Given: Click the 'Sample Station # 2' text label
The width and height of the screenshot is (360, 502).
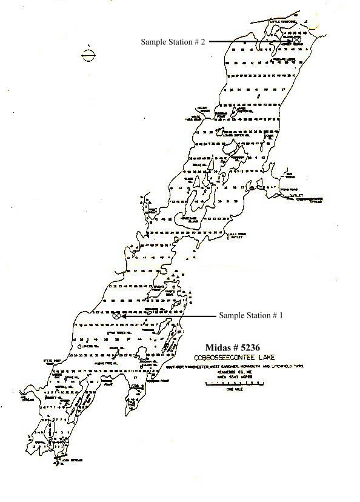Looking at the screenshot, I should (173, 42).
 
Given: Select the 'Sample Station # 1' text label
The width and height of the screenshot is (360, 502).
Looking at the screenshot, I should (251, 316).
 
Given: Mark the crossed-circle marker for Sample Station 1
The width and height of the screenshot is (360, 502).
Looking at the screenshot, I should (116, 315).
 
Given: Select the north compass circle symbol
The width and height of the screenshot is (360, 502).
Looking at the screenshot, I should (87, 56).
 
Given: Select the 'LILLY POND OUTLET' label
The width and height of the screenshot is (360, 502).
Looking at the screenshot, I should (235, 236).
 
